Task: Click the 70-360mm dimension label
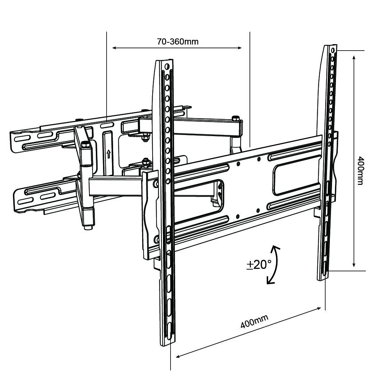point(178,42)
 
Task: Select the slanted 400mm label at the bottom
point(254,322)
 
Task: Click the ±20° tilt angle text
point(259,264)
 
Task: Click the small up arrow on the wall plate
point(108,154)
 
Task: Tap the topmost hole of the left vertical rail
point(167,66)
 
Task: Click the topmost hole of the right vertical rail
point(333,50)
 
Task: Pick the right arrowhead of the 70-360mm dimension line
point(239,48)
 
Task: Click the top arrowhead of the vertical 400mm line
point(354,58)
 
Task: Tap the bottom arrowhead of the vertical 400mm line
point(354,265)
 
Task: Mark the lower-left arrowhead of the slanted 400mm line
point(178,356)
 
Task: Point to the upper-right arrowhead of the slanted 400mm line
point(319,308)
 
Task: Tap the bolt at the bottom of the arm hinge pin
point(88,228)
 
